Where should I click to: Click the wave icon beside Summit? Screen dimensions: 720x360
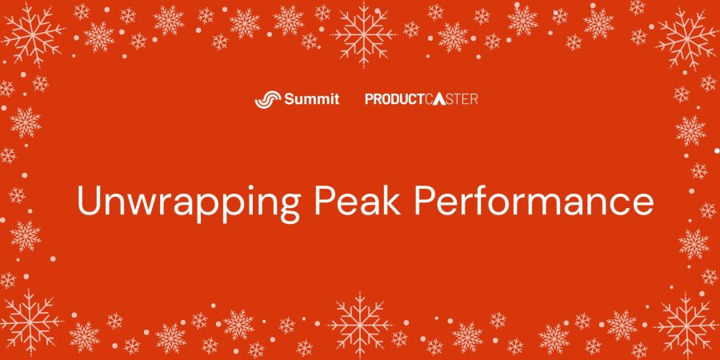(266, 99)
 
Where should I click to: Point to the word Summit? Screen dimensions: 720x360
(312, 98)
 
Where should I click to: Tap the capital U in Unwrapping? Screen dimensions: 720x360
(89, 201)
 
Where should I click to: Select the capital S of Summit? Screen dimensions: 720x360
(289, 99)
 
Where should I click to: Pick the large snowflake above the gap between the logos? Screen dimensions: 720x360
(364, 34)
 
